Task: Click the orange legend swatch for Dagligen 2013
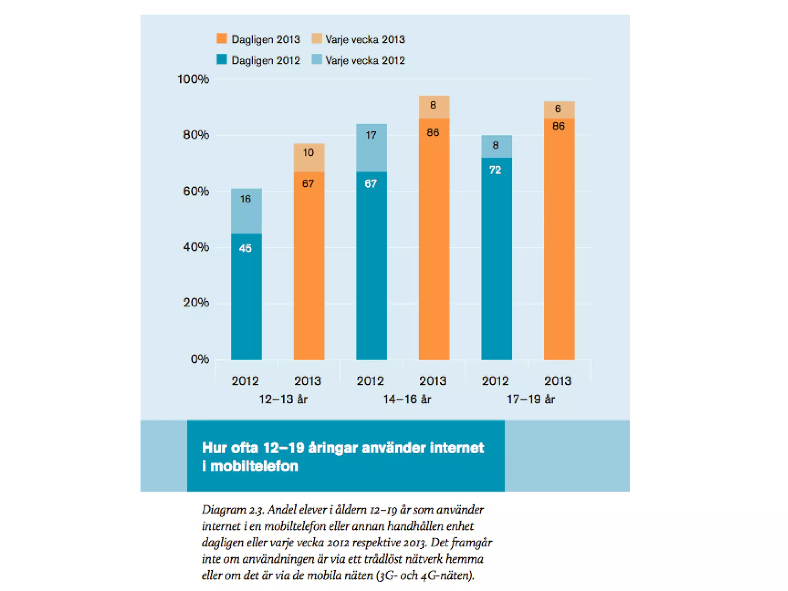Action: click(x=222, y=38)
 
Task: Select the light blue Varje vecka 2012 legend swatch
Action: click(x=317, y=59)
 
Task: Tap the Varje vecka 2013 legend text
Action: click(x=365, y=39)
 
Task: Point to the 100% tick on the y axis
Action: click(x=193, y=79)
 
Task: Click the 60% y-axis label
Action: click(x=196, y=191)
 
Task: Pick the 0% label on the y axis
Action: click(x=200, y=359)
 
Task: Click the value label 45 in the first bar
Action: click(x=245, y=248)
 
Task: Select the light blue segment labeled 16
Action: click(x=246, y=211)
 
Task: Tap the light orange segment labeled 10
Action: click(x=309, y=158)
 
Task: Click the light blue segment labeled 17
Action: click(x=371, y=148)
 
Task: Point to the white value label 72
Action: click(x=495, y=170)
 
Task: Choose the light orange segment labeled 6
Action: click(x=559, y=110)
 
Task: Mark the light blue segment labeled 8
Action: click(x=496, y=146)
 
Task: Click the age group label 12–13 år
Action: click(x=283, y=399)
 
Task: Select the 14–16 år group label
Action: click(x=407, y=399)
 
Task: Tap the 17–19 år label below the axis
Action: click(x=531, y=399)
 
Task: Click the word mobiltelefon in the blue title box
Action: click(x=254, y=466)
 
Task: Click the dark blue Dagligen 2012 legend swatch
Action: click(x=222, y=59)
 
